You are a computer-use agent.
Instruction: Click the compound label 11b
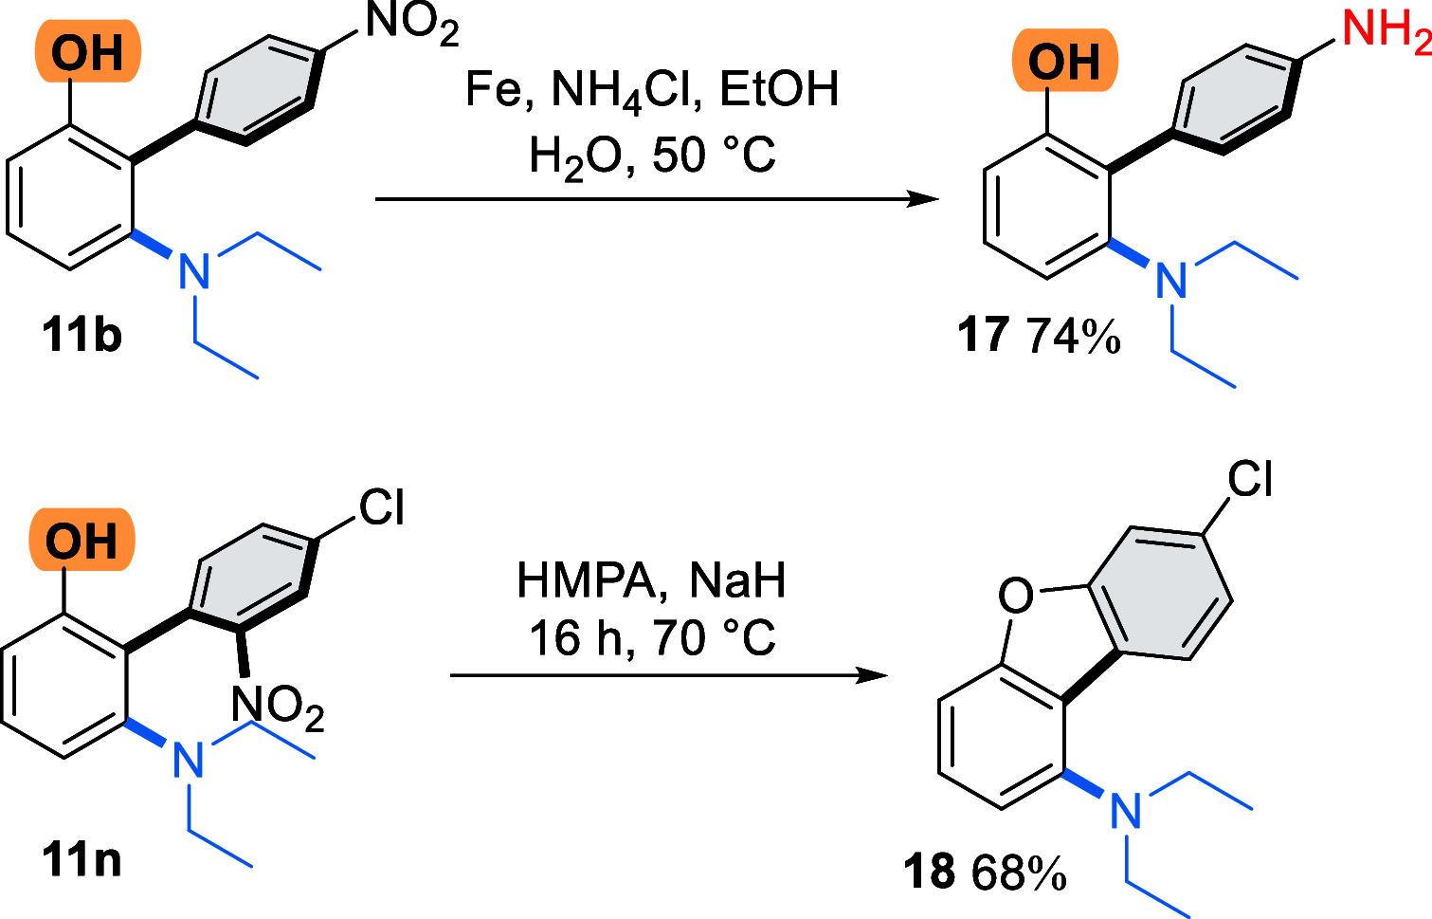[82, 336]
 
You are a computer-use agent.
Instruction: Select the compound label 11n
[82, 860]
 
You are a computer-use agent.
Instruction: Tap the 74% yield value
[1074, 336]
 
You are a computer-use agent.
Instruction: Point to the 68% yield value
[1019, 873]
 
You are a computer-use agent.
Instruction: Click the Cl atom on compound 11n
[382, 507]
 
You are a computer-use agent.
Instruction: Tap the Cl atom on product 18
[1250, 479]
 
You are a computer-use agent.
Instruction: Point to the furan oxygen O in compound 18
[1016, 596]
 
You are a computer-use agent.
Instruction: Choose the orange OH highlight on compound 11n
[82, 541]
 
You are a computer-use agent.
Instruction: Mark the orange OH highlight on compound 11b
[87, 52]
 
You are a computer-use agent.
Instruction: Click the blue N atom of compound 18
[1125, 811]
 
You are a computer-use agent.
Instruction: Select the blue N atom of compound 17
[1171, 281]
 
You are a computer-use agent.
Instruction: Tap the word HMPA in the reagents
[586, 579]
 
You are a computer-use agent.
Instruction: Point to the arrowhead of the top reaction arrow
[924, 199]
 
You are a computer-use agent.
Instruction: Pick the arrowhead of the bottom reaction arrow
[874, 675]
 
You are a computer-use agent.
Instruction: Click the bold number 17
[984, 336]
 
